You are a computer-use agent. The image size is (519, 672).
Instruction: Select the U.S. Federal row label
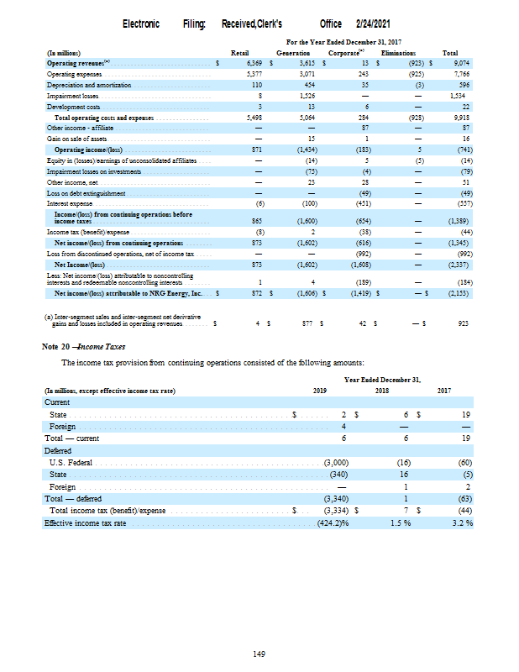point(71,463)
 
